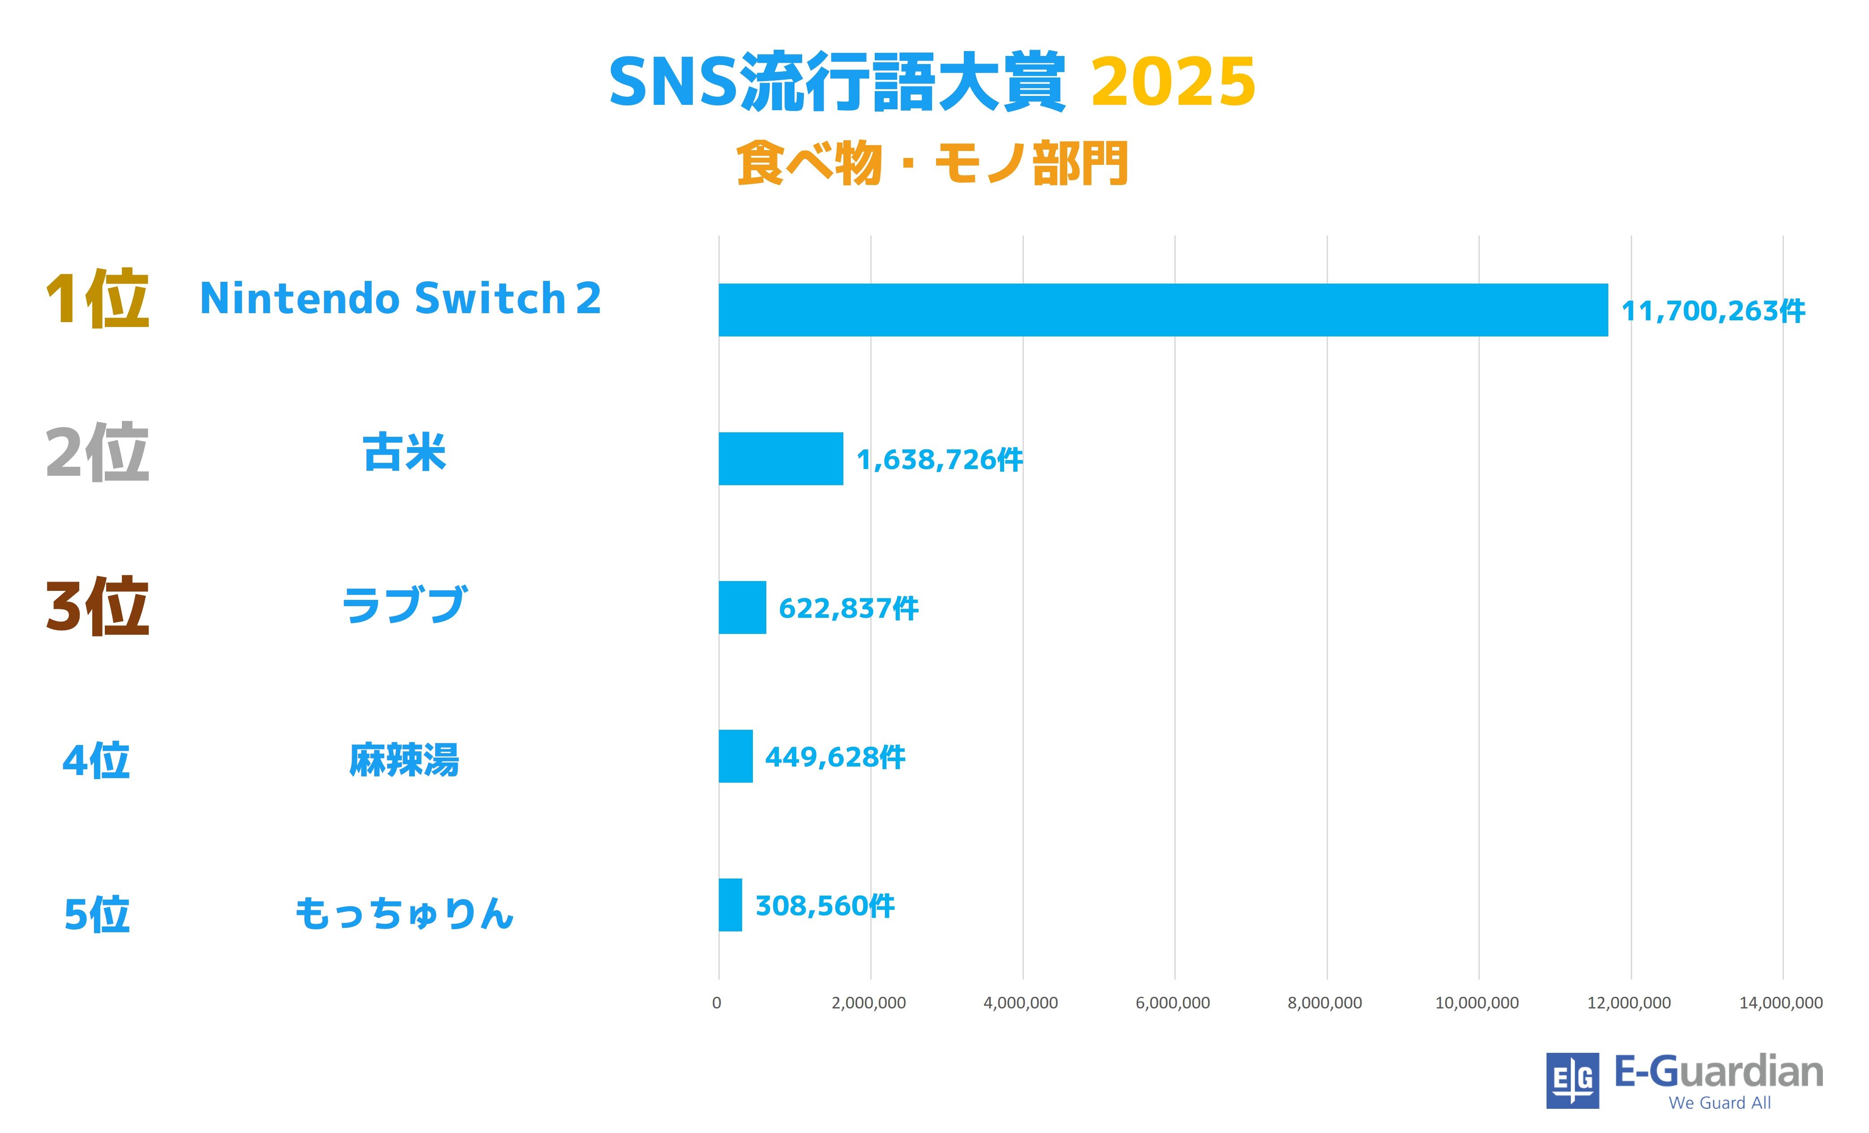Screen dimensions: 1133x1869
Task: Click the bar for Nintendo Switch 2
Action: (x=1163, y=310)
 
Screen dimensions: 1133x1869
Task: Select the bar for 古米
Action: (x=781, y=458)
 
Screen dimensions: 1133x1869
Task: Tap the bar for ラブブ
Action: (x=742, y=607)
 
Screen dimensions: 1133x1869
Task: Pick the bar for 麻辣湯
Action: (x=735, y=756)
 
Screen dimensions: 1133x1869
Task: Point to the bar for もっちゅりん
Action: (x=730, y=905)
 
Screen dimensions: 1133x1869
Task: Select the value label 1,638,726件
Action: (x=939, y=460)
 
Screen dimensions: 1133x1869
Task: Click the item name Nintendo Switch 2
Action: (x=400, y=298)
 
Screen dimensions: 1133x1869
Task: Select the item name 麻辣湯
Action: (x=404, y=760)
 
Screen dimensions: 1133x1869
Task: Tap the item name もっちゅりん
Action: (x=404, y=913)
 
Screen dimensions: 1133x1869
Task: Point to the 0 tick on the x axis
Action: (x=717, y=1003)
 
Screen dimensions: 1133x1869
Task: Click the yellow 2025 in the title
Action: (x=1173, y=82)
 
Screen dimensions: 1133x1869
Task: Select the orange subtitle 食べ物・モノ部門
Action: (x=932, y=163)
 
